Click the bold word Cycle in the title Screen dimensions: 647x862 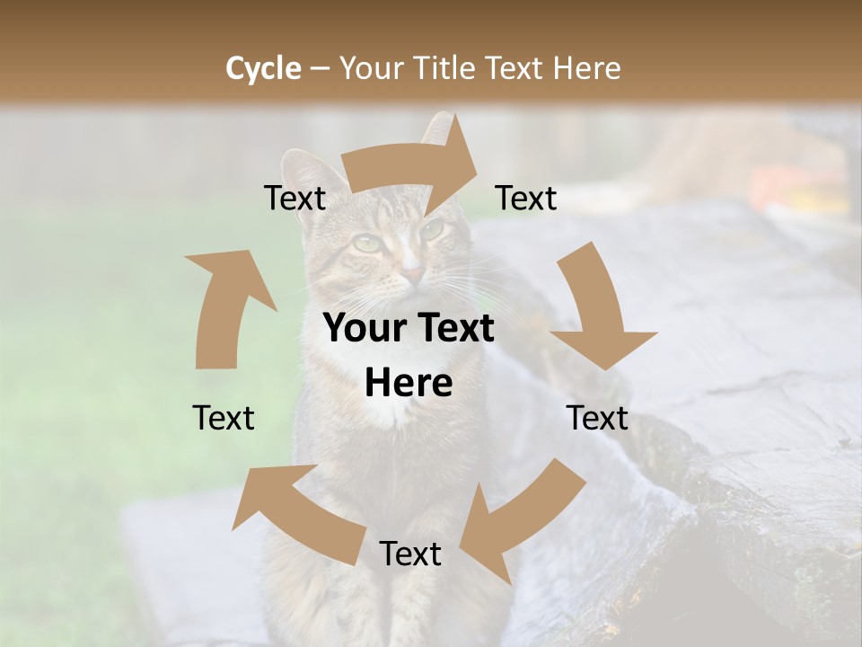click(263, 67)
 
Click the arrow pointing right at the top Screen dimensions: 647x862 click(414, 165)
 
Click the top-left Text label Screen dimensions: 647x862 click(295, 199)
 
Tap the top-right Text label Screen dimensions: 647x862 click(526, 198)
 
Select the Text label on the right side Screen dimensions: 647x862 click(597, 418)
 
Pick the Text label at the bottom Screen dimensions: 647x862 click(409, 554)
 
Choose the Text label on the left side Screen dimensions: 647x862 click(224, 418)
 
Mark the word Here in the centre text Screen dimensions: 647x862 click(409, 384)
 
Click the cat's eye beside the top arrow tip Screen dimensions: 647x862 click(433, 230)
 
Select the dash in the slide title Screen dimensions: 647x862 click(320, 68)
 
